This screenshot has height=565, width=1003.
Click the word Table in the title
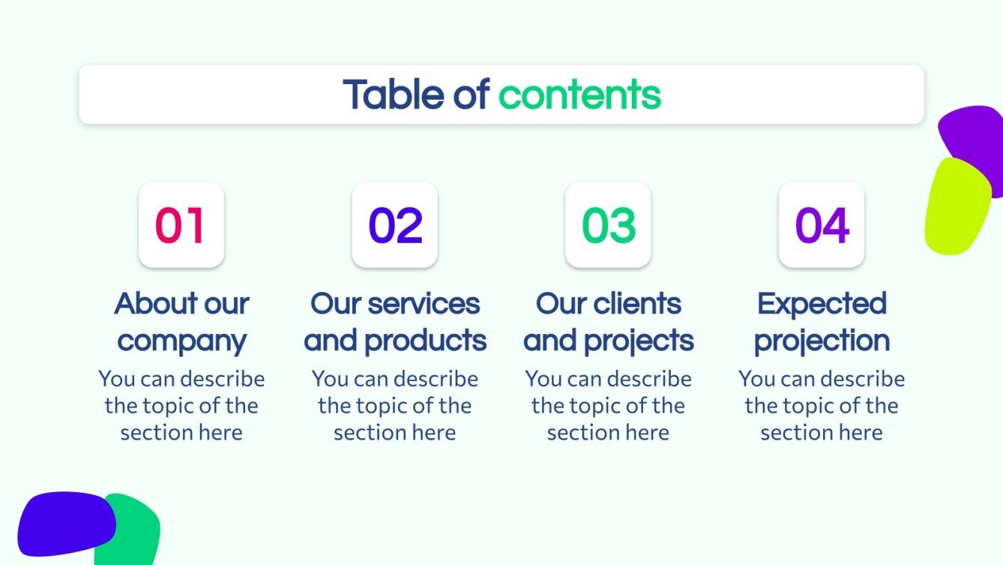393,95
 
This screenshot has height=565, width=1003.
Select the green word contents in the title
579,95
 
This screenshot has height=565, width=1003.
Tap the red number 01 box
181,225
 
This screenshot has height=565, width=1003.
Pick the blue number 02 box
394,225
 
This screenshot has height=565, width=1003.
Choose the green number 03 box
608,225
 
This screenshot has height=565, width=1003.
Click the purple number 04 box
822,225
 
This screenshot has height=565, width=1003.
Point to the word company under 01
181,341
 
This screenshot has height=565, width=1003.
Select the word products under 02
425,341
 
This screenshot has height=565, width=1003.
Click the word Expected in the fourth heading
822,304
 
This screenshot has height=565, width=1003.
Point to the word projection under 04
822,341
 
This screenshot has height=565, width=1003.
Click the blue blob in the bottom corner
64,523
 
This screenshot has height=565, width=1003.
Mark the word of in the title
471,95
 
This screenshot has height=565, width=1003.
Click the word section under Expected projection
790,433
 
